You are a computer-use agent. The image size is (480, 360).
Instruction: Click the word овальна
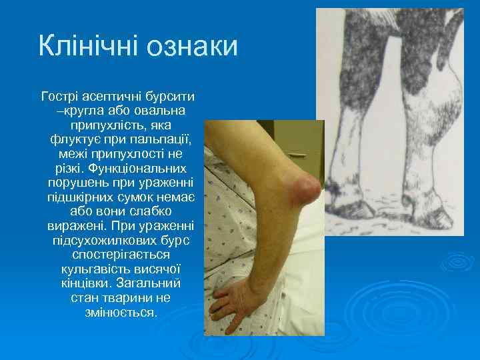pos(162,111)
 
